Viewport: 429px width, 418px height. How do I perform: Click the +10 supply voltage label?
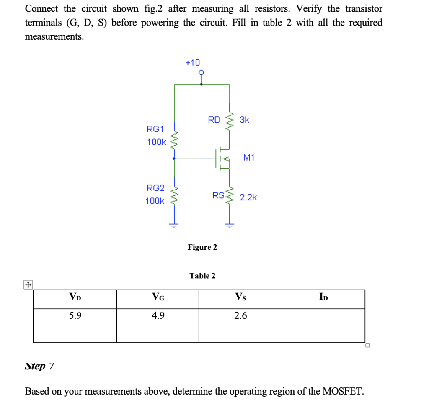pyautogui.click(x=193, y=63)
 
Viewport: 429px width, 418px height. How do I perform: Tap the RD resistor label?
pyautogui.click(x=214, y=120)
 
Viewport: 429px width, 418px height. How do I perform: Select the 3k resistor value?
pyautogui.click(x=245, y=120)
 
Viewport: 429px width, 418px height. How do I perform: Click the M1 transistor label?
pyautogui.click(x=248, y=158)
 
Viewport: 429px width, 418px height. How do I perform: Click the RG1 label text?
pyautogui.click(x=155, y=128)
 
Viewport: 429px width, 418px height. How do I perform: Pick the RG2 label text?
pyautogui.click(x=155, y=188)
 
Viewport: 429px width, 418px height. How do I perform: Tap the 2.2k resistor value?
pyautogui.click(x=248, y=197)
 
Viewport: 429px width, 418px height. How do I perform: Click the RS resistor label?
pyautogui.click(x=218, y=195)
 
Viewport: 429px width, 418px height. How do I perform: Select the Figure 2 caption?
pyautogui.click(x=202, y=247)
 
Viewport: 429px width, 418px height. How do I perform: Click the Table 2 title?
pyautogui.click(x=202, y=276)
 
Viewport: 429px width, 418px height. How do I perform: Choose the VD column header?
pyautogui.click(x=75, y=298)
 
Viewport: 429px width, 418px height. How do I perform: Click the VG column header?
pyautogui.click(x=158, y=298)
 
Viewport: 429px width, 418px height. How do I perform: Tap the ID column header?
pyautogui.click(x=323, y=298)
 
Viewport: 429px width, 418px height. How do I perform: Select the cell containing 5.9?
pyautogui.click(x=75, y=316)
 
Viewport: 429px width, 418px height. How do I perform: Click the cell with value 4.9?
pyautogui.click(x=158, y=316)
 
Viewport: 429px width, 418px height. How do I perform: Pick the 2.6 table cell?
pyautogui.click(x=240, y=316)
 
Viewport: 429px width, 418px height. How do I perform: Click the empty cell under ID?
pyautogui.click(x=323, y=325)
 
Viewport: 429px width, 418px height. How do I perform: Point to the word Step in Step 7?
pyautogui.click(x=35, y=367)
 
